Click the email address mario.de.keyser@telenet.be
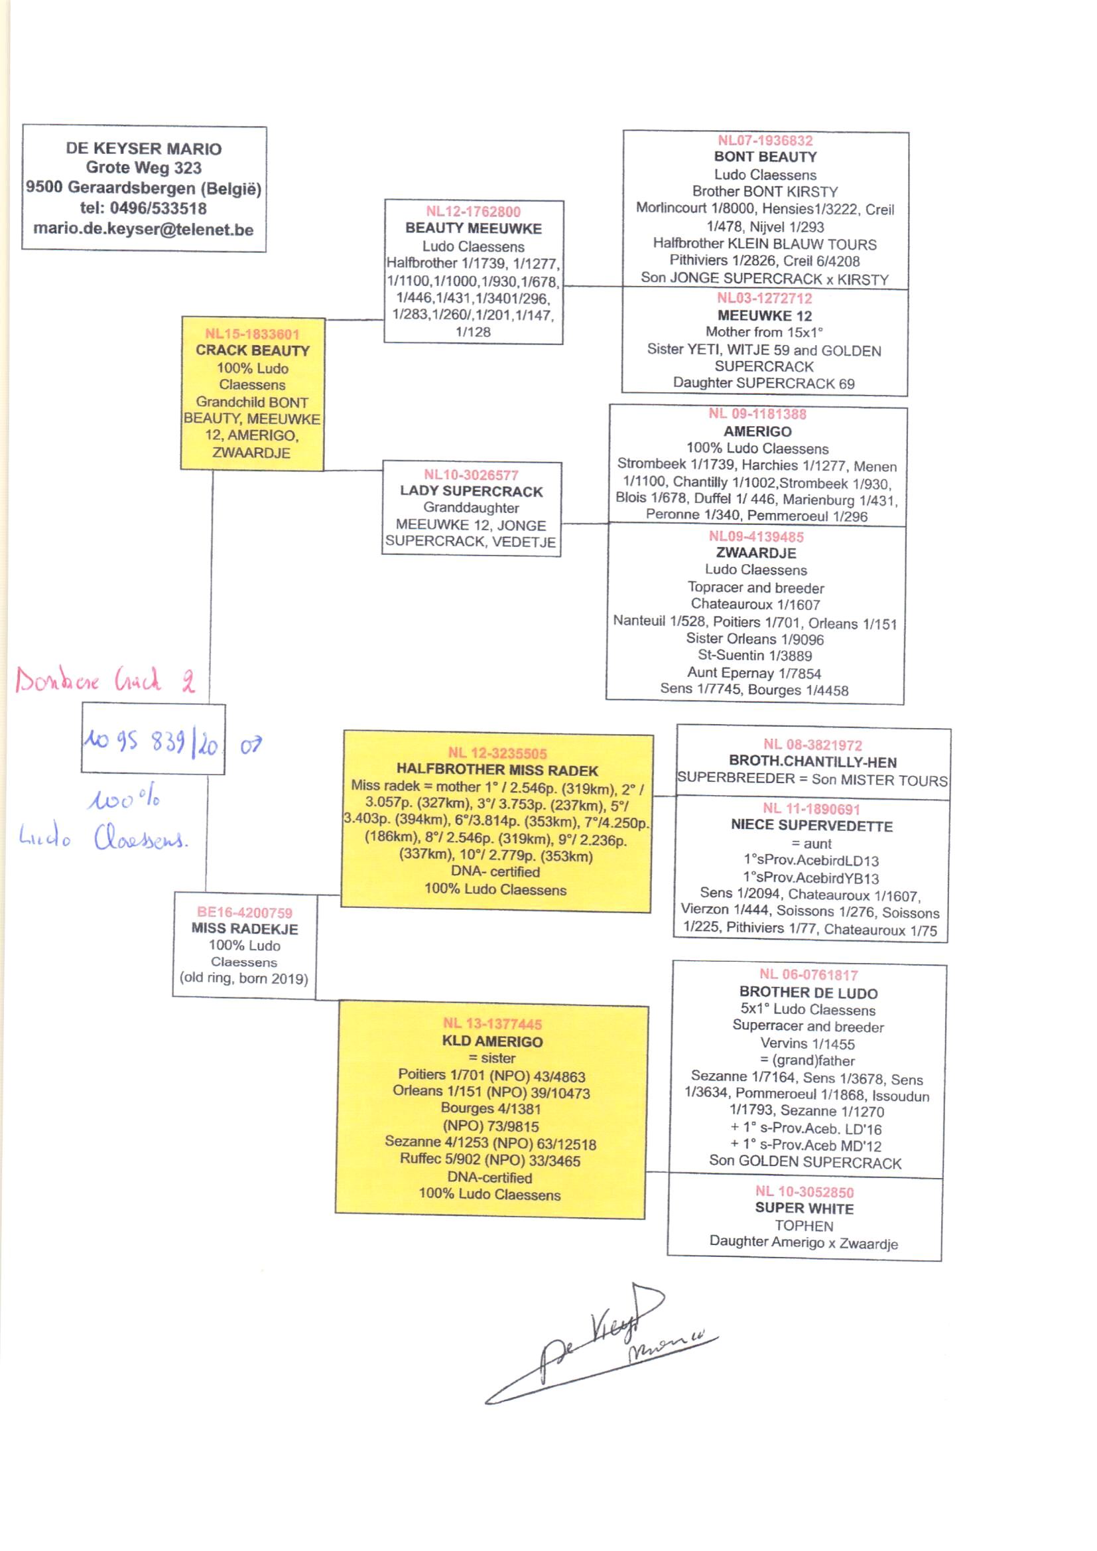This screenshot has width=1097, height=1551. point(143,230)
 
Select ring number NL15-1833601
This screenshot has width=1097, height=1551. point(252,334)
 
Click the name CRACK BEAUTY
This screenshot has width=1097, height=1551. point(252,350)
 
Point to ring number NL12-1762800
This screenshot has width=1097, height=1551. point(473,212)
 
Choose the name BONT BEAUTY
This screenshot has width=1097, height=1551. point(765,157)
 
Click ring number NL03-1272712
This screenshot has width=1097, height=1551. point(764,298)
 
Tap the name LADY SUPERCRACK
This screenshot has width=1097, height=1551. point(471,491)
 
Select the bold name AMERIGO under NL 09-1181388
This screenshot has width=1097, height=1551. point(757,431)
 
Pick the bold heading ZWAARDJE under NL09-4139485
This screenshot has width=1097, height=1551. point(756,553)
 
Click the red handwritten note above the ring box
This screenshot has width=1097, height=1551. point(105,679)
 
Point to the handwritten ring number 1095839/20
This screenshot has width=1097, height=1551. point(151,743)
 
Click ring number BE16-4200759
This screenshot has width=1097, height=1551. point(245,913)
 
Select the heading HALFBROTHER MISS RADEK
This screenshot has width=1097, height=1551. point(497,771)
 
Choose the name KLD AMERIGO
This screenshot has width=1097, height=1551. point(491,1041)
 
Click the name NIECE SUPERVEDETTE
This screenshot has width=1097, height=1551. point(811,826)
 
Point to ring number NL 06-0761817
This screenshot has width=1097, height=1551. point(808,974)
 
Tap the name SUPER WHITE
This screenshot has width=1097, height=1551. point(804,1209)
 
